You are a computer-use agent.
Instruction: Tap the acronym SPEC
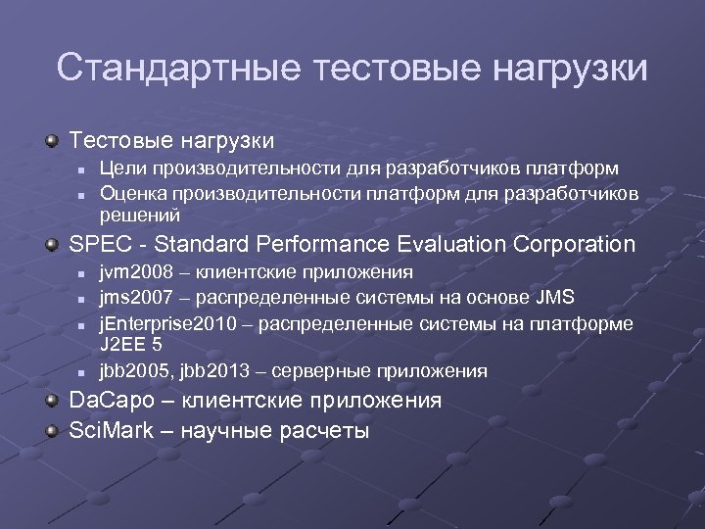point(96,244)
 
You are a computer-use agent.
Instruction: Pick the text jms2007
point(134,297)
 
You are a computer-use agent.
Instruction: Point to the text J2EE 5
point(130,345)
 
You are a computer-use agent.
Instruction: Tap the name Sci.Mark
point(107,430)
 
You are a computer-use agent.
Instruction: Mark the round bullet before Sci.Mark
point(53,429)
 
